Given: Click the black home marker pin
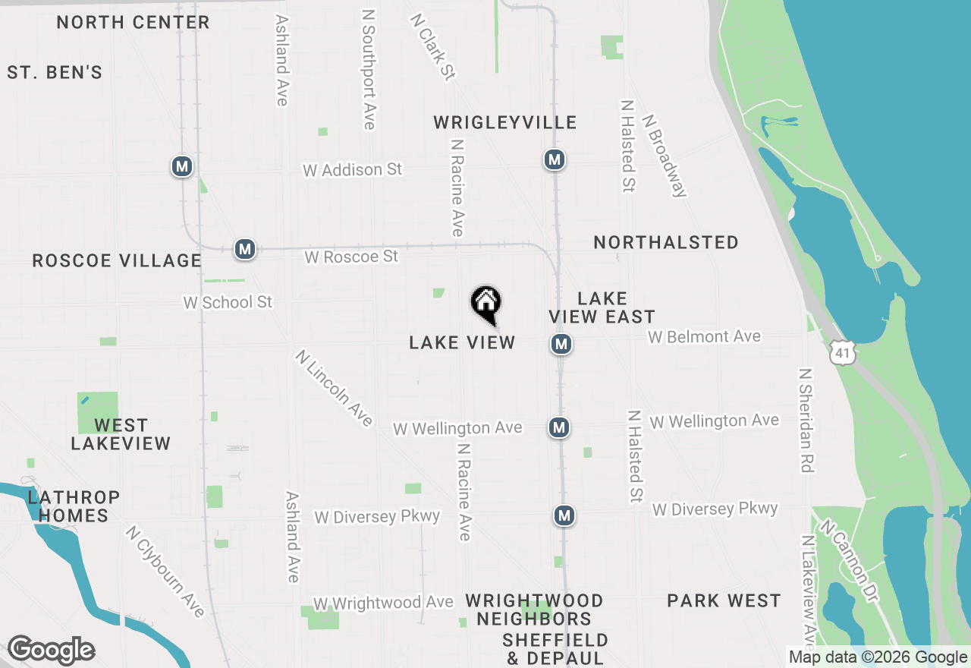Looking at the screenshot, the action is click(x=486, y=304).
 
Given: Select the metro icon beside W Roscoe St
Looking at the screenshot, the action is click(x=244, y=249).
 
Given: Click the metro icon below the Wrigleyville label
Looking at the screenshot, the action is click(x=555, y=160).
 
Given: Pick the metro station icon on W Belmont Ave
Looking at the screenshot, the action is click(x=561, y=345).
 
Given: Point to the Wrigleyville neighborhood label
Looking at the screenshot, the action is click(x=504, y=123).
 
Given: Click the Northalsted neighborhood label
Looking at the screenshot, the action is click(x=665, y=243).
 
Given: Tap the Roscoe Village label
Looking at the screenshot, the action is click(x=117, y=261).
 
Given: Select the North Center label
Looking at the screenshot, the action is click(x=133, y=22).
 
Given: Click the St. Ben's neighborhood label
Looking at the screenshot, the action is click(x=55, y=73).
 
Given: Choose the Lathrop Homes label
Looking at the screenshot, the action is click(x=74, y=506).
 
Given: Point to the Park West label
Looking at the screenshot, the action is click(x=724, y=601).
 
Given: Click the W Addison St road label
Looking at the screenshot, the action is click(x=352, y=170).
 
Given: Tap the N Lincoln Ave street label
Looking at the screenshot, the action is click(x=335, y=387).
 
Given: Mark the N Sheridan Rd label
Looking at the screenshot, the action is click(x=806, y=421).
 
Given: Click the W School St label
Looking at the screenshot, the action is click(x=228, y=302).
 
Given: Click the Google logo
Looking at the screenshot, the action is click(x=52, y=651).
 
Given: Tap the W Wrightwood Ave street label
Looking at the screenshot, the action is click(x=383, y=603).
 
